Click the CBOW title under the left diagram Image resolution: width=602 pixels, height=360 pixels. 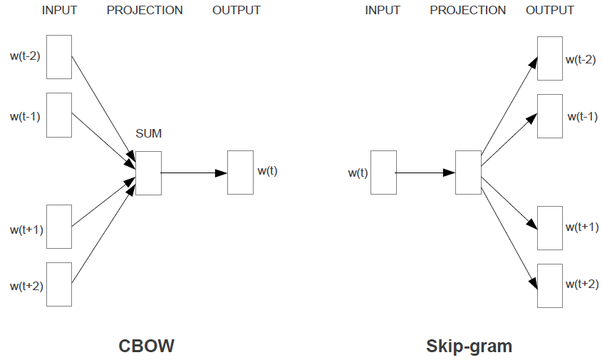(146, 346)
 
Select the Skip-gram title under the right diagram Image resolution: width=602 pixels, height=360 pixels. (469, 346)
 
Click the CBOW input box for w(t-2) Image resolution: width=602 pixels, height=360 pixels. (59, 56)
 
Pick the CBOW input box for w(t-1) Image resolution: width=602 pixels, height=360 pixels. (59, 114)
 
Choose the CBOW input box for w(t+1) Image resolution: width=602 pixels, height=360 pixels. (59, 226)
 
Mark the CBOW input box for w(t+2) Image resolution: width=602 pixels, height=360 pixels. (59, 284)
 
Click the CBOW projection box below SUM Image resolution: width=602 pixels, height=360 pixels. (148, 173)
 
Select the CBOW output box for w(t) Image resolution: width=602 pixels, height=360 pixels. (240, 173)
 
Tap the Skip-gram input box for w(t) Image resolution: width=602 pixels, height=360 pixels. (383, 173)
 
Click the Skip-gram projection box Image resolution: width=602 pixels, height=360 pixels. (468, 173)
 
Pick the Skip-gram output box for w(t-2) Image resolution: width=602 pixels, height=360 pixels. (549, 58)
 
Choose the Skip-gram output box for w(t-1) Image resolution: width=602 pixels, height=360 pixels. (549, 115)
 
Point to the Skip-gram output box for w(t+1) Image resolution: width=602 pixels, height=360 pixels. (549, 227)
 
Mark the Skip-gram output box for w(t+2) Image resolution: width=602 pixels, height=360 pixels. (549, 285)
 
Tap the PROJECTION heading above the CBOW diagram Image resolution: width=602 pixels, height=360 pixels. (145, 11)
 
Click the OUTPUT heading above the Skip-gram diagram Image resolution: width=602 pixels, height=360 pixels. (550, 11)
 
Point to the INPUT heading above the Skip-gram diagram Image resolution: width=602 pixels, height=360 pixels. (383, 11)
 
